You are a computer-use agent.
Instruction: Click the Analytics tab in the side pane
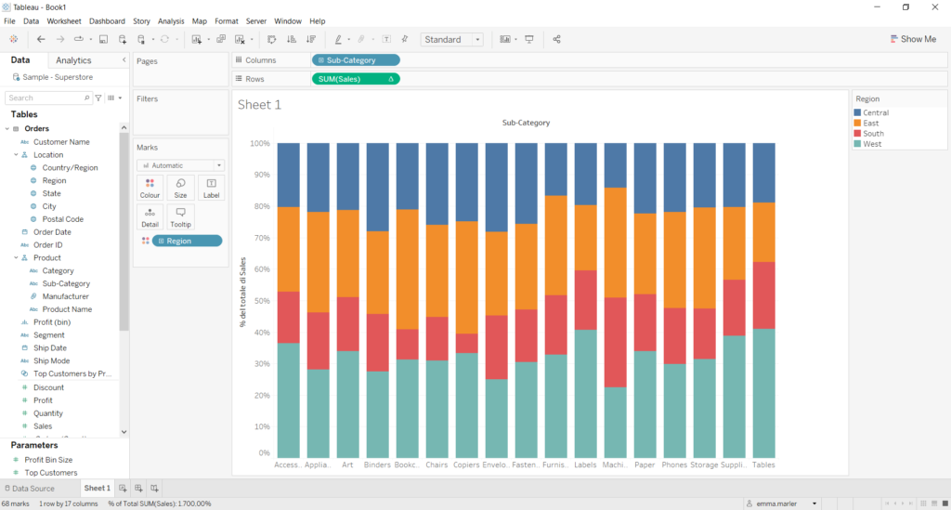(x=73, y=60)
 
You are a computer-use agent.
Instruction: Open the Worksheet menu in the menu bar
(x=64, y=20)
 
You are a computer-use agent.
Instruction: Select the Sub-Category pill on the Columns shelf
(x=356, y=60)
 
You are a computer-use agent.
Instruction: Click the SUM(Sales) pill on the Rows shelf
(x=356, y=79)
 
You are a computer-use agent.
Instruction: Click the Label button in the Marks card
(x=212, y=188)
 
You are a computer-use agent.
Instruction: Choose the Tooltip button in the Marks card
(x=180, y=216)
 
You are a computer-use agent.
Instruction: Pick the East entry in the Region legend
(x=870, y=123)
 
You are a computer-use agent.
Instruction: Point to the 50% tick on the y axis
(x=259, y=302)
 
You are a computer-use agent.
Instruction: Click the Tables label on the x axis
(x=763, y=464)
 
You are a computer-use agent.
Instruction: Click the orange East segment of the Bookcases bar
(x=408, y=269)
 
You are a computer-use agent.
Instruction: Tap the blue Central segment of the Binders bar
(x=378, y=187)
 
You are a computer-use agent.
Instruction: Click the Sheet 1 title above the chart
(x=259, y=105)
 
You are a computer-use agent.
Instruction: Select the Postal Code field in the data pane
(x=62, y=219)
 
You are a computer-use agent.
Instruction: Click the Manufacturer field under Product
(x=67, y=296)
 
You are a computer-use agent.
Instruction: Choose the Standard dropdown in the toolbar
(x=452, y=39)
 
